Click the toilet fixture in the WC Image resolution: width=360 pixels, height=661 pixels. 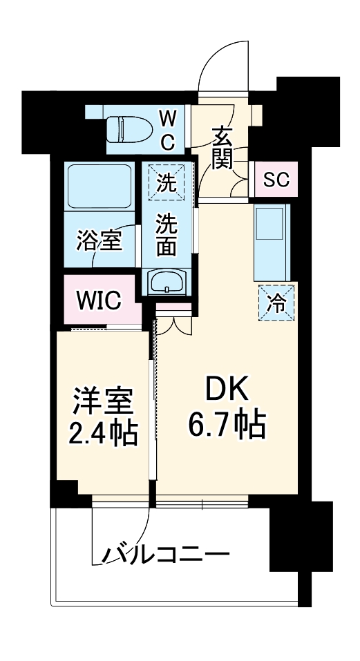pos(131,128)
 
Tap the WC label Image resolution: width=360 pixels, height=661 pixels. pos(169,129)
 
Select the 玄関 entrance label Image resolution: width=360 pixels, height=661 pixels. pos(222,148)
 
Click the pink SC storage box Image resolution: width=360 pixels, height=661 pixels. pos(276,180)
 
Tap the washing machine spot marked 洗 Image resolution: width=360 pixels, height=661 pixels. pos(166,183)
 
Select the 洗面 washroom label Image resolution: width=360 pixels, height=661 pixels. pos(166,235)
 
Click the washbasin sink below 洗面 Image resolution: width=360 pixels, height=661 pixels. pos(167,282)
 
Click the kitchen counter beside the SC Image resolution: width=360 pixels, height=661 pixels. pos(274,238)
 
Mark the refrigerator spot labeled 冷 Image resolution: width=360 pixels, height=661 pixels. pos(276,302)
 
